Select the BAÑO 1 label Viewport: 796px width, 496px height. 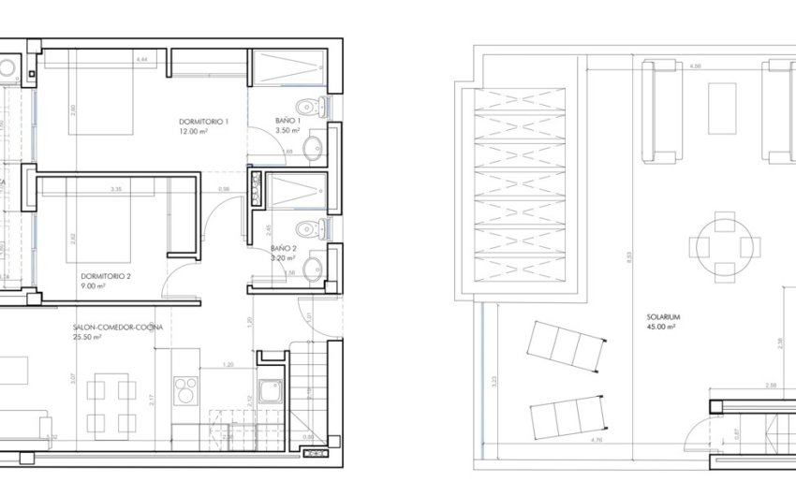(x=287, y=121)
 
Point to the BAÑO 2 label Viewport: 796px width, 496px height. (x=284, y=248)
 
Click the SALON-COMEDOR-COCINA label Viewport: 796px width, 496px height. (x=117, y=328)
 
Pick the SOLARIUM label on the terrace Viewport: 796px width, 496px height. (x=662, y=317)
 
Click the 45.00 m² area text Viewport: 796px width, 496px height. (x=662, y=328)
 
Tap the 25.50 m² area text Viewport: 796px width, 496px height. (x=88, y=338)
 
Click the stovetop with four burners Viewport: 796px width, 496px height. (x=185, y=388)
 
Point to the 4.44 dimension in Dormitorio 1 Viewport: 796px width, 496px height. (x=141, y=60)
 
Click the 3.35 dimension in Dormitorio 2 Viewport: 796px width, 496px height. (x=116, y=189)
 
